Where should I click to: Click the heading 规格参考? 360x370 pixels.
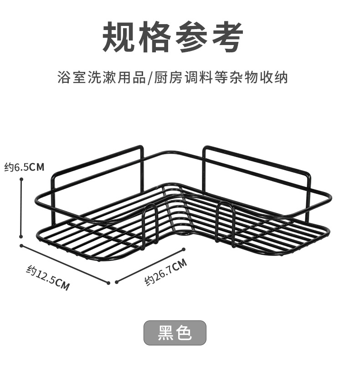click(173, 36)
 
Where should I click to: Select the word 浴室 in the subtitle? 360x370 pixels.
click(69, 77)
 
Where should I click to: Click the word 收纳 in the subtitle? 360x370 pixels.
click(277, 77)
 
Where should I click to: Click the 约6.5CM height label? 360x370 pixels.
click(24, 167)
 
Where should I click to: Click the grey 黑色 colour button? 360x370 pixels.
click(175, 333)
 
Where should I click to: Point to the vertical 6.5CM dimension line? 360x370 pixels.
click(21, 208)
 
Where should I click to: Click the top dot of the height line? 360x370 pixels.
click(21, 179)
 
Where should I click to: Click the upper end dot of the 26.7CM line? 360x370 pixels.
click(184, 249)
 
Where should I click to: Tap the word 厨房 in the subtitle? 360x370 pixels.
click(165, 77)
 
